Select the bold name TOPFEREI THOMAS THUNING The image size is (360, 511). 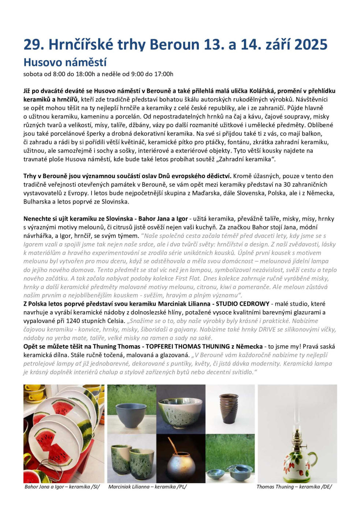[x=188, y=346]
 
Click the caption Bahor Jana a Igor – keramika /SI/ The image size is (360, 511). [x=62, y=487]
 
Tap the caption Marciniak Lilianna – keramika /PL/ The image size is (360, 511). [x=148, y=487]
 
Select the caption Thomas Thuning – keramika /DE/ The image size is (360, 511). [x=294, y=487]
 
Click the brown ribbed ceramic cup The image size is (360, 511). [x=229, y=408]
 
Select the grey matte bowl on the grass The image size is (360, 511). [x=130, y=416]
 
